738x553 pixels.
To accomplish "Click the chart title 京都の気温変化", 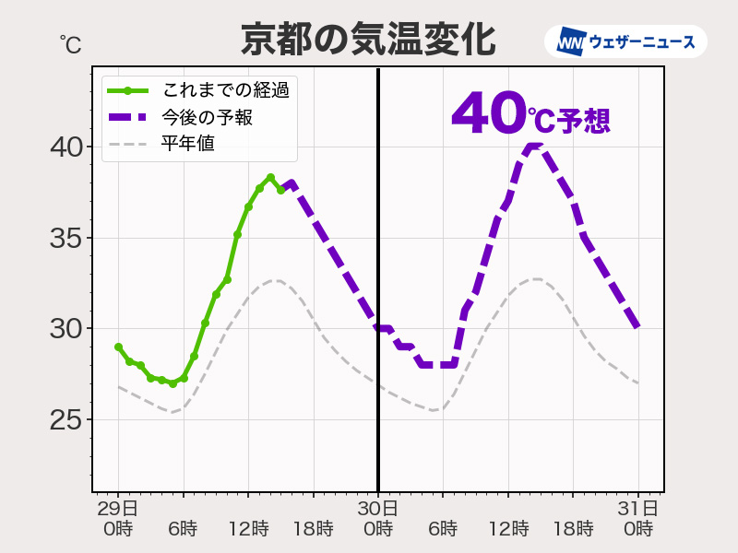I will pyautogui.click(x=368, y=40).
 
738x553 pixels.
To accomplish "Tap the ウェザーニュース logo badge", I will pyautogui.click(x=626, y=41).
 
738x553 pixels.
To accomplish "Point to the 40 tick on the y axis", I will pyautogui.click(x=65, y=147).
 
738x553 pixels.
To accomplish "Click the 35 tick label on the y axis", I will pyautogui.click(x=65, y=239).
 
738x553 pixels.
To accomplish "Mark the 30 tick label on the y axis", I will pyautogui.click(x=65, y=329).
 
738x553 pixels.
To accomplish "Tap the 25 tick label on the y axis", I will pyautogui.click(x=65, y=420).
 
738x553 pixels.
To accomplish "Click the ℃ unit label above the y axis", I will pyautogui.click(x=70, y=44).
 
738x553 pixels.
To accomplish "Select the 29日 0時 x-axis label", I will pyautogui.click(x=118, y=518).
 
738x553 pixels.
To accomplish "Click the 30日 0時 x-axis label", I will pyautogui.click(x=378, y=518).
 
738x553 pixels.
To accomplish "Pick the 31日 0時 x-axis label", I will pyautogui.click(x=638, y=518).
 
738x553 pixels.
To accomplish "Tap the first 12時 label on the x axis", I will pyautogui.click(x=248, y=529).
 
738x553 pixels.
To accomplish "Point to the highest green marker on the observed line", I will pyautogui.click(x=270, y=177).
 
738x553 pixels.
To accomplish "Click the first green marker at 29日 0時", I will pyautogui.click(x=118, y=347).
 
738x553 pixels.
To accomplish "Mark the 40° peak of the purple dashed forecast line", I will pyautogui.click(x=533, y=147).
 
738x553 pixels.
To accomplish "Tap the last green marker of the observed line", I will pyautogui.click(x=281, y=190).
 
